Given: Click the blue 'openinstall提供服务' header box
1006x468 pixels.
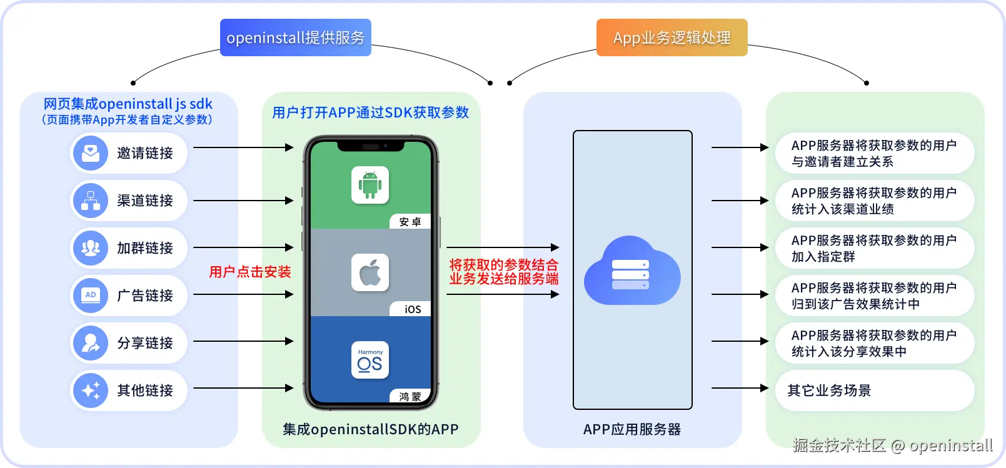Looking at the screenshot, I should click(295, 37).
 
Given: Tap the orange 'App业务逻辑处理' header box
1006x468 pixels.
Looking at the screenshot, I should click(672, 37).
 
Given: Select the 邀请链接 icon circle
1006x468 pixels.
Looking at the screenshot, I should click(91, 153).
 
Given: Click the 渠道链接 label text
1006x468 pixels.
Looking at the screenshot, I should click(145, 201).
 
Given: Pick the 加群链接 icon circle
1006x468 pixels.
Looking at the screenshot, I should click(91, 248).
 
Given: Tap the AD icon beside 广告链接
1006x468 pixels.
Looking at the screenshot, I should click(91, 296).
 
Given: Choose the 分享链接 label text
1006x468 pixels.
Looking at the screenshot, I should click(145, 343).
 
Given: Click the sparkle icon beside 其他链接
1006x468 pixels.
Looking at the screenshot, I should click(91, 391).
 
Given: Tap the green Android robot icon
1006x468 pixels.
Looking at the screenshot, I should click(370, 185).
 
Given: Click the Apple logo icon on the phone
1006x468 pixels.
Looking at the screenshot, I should click(370, 272).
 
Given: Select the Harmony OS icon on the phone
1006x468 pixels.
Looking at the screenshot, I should click(370, 360).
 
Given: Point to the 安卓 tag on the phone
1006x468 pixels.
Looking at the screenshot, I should click(410, 222).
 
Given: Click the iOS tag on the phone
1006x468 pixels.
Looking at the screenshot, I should click(412, 309).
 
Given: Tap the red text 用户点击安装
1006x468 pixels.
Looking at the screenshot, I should click(250, 272).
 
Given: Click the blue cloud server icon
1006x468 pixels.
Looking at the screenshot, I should click(631, 272).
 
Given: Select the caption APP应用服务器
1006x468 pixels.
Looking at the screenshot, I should click(631, 429).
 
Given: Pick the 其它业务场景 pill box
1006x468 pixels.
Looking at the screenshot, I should click(874, 391).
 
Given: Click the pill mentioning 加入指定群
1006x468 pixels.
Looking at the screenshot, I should click(874, 248).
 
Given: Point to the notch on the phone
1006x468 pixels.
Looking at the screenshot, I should click(370, 147).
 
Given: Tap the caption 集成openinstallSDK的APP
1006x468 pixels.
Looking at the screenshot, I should click(370, 429).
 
